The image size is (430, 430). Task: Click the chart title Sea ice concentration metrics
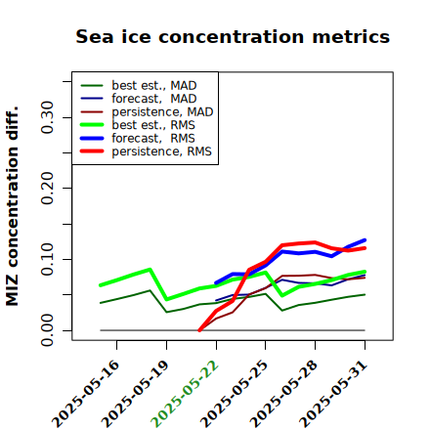point(233,37)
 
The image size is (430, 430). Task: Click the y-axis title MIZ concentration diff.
point(12,206)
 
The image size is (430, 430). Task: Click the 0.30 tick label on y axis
point(48,117)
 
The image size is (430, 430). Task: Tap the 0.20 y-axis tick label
point(48,188)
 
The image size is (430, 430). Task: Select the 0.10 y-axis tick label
point(48,259)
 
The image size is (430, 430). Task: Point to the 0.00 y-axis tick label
point(48,330)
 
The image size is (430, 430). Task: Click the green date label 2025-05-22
point(185,394)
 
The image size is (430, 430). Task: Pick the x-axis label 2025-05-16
point(85,394)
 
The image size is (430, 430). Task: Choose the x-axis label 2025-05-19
point(135,394)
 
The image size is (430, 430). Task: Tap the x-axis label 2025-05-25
point(234,394)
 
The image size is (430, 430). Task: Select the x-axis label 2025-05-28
point(283,394)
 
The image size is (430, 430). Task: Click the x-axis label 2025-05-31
point(333,394)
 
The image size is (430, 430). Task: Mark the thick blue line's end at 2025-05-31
point(365,240)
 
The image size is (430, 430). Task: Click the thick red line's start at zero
point(199,330)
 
